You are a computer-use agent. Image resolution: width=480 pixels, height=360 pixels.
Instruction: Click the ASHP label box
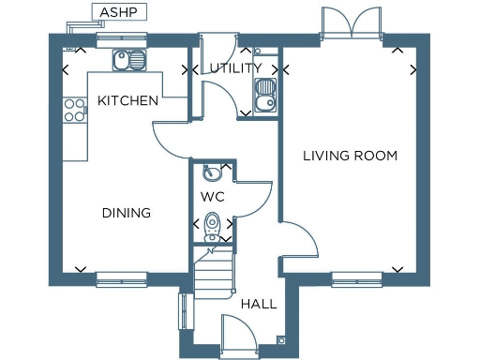[111, 12]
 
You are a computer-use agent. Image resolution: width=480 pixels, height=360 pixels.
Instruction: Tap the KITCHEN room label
[127, 100]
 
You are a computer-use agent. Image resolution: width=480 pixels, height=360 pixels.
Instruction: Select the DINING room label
[126, 213]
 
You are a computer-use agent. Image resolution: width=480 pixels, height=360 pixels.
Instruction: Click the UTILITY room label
[235, 68]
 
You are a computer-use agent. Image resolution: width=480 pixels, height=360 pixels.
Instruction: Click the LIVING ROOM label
[350, 156]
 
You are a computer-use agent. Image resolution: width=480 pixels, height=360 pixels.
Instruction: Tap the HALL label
[258, 305]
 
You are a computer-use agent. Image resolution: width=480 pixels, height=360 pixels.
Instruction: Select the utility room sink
[264, 93]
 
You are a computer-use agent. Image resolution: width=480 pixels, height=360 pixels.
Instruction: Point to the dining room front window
[122, 277]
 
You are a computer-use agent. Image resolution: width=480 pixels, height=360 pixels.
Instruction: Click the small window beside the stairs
[182, 311]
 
